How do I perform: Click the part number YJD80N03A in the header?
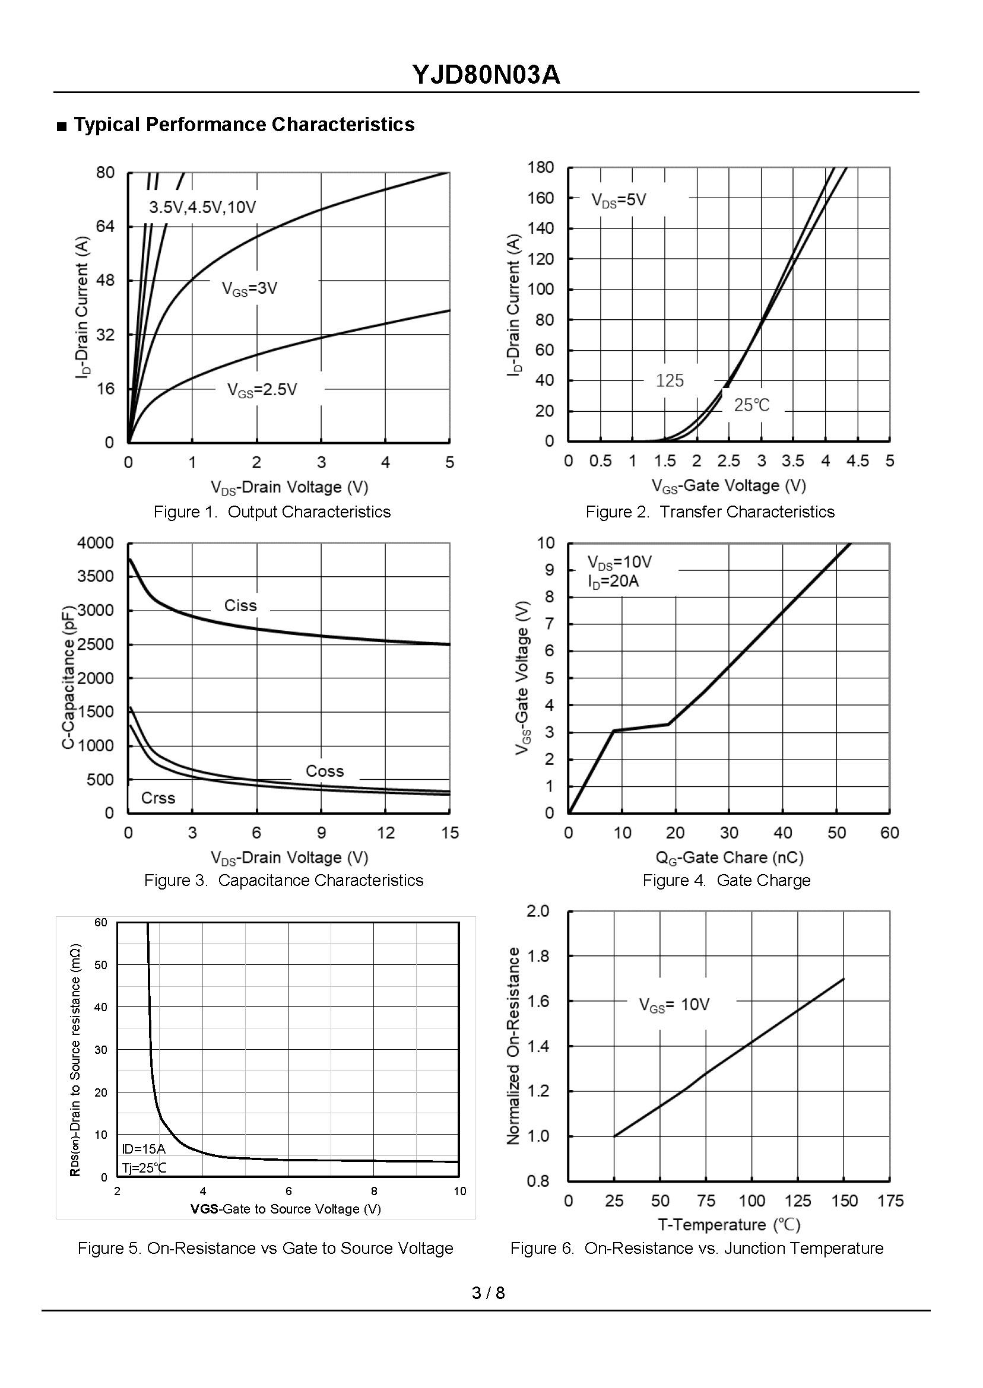[486, 75]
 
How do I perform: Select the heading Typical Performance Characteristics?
[243, 125]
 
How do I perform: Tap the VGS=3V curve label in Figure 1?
[249, 288]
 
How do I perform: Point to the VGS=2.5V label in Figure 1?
[262, 390]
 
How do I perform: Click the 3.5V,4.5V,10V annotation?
[202, 208]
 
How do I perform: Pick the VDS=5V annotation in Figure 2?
[619, 199]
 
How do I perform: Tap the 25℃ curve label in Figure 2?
[751, 405]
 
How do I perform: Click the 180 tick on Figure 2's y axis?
[541, 167]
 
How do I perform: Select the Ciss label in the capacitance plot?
[240, 606]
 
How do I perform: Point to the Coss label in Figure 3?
[325, 771]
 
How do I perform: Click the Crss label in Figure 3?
[158, 798]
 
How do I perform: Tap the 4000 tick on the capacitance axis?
[96, 544]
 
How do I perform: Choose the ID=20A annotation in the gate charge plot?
[613, 582]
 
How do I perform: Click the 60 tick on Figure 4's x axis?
[889, 833]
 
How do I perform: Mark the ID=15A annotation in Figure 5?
[144, 1149]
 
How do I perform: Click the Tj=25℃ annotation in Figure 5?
[144, 1168]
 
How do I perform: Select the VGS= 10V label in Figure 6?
[674, 1005]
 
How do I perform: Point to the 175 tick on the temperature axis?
[890, 1201]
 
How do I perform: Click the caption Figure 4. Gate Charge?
[727, 881]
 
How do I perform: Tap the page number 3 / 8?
[488, 1293]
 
